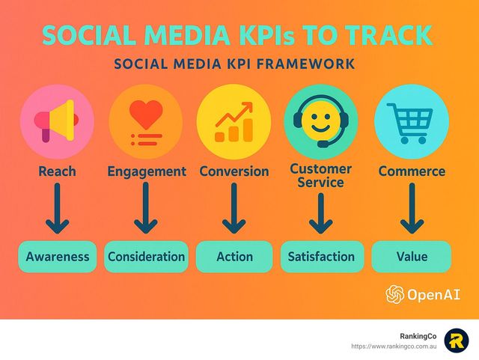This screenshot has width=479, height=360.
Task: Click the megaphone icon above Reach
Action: point(56,120)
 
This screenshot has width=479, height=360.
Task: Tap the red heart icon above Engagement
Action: point(146,114)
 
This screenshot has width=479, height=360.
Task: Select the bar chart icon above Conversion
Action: point(234,122)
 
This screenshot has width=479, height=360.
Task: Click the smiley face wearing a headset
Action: point(321,120)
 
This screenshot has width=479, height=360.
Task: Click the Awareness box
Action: point(58,257)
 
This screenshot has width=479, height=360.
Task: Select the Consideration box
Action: point(147,257)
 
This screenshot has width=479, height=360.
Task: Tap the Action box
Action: point(234,257)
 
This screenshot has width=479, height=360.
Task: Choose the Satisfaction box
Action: point(323,257)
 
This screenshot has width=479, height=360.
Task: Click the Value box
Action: point(412,257)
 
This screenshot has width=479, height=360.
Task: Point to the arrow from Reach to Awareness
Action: point(57,208)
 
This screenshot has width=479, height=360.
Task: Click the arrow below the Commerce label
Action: point(412,208)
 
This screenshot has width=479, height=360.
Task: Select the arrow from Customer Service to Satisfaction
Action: point(320,213)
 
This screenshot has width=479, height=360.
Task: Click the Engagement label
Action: point(147,171)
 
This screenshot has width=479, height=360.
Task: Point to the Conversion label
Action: point(234,171)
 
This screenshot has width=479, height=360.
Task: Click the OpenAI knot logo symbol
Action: point(395,294)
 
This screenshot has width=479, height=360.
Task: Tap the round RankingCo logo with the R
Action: point(457,341)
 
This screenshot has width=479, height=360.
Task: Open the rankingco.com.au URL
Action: point(394,347)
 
